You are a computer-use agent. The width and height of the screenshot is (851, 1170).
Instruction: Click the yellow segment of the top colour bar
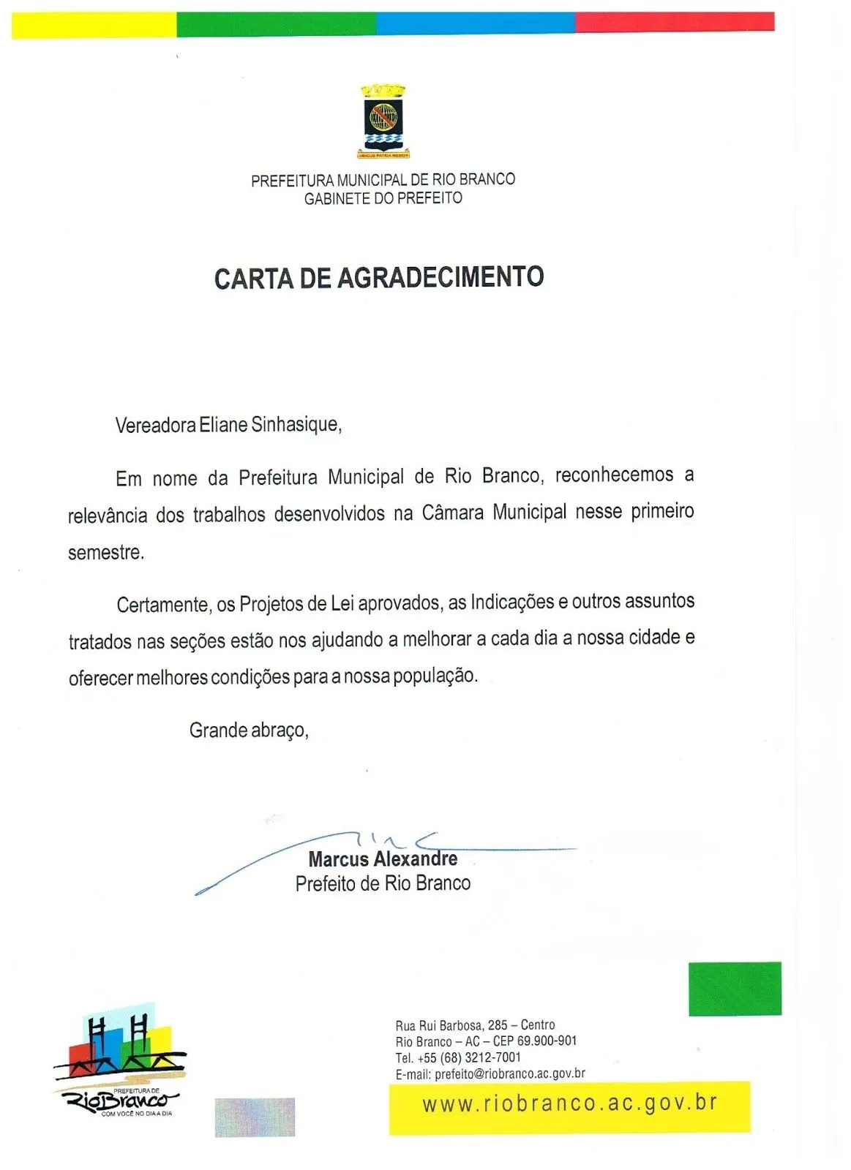(x=94, y=25)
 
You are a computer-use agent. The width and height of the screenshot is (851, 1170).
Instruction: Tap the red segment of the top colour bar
(x=674, y=22)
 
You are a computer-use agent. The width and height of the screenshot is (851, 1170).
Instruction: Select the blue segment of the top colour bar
(x=475, y=23)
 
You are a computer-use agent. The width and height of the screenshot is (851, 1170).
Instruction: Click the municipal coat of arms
(x=383, y=121)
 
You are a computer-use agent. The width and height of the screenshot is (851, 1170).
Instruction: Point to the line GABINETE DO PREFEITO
(x=383, y=198)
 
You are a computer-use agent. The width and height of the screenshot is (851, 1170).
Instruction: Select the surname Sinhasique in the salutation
(x=296, y=424)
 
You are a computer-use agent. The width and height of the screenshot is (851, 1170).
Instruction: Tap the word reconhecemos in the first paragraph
(x=614, y=475)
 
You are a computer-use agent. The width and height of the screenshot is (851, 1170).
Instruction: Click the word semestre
(x=105, y=553)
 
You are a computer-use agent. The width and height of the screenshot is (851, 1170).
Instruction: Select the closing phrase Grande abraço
(x=249, y=731)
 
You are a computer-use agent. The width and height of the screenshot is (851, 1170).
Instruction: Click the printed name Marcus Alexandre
(x=383, y=859)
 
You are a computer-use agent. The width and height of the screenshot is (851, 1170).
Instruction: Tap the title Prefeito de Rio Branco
(x=383, y=883)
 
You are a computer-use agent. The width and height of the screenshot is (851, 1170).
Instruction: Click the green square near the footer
(x=735, y=989)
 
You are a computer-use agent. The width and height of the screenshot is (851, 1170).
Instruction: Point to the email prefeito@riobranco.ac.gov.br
(x=509, y=1073)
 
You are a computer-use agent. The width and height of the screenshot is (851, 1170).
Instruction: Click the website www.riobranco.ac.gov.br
(x=569, y=1103)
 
